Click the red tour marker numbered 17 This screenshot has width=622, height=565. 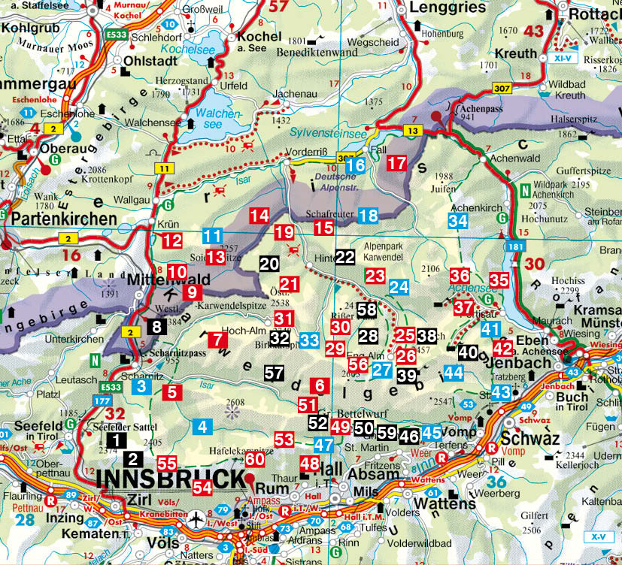[x=397, y=163]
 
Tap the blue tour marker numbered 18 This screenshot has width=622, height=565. [x=368, y=216]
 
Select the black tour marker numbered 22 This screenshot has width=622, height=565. [x=345, y=257]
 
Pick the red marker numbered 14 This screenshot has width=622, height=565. [x=259, y=216]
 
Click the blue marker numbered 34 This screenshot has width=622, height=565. [x=457, y=221]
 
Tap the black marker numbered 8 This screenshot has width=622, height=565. [x=156, y=326]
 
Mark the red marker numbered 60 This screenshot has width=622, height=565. [x=255, y=458]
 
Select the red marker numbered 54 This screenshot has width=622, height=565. [x=203, y=488]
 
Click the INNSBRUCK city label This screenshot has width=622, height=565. [x=171, y=479]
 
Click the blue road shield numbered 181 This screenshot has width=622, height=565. [x=513, y=246]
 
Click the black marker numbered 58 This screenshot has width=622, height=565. [x=367, y=310]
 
